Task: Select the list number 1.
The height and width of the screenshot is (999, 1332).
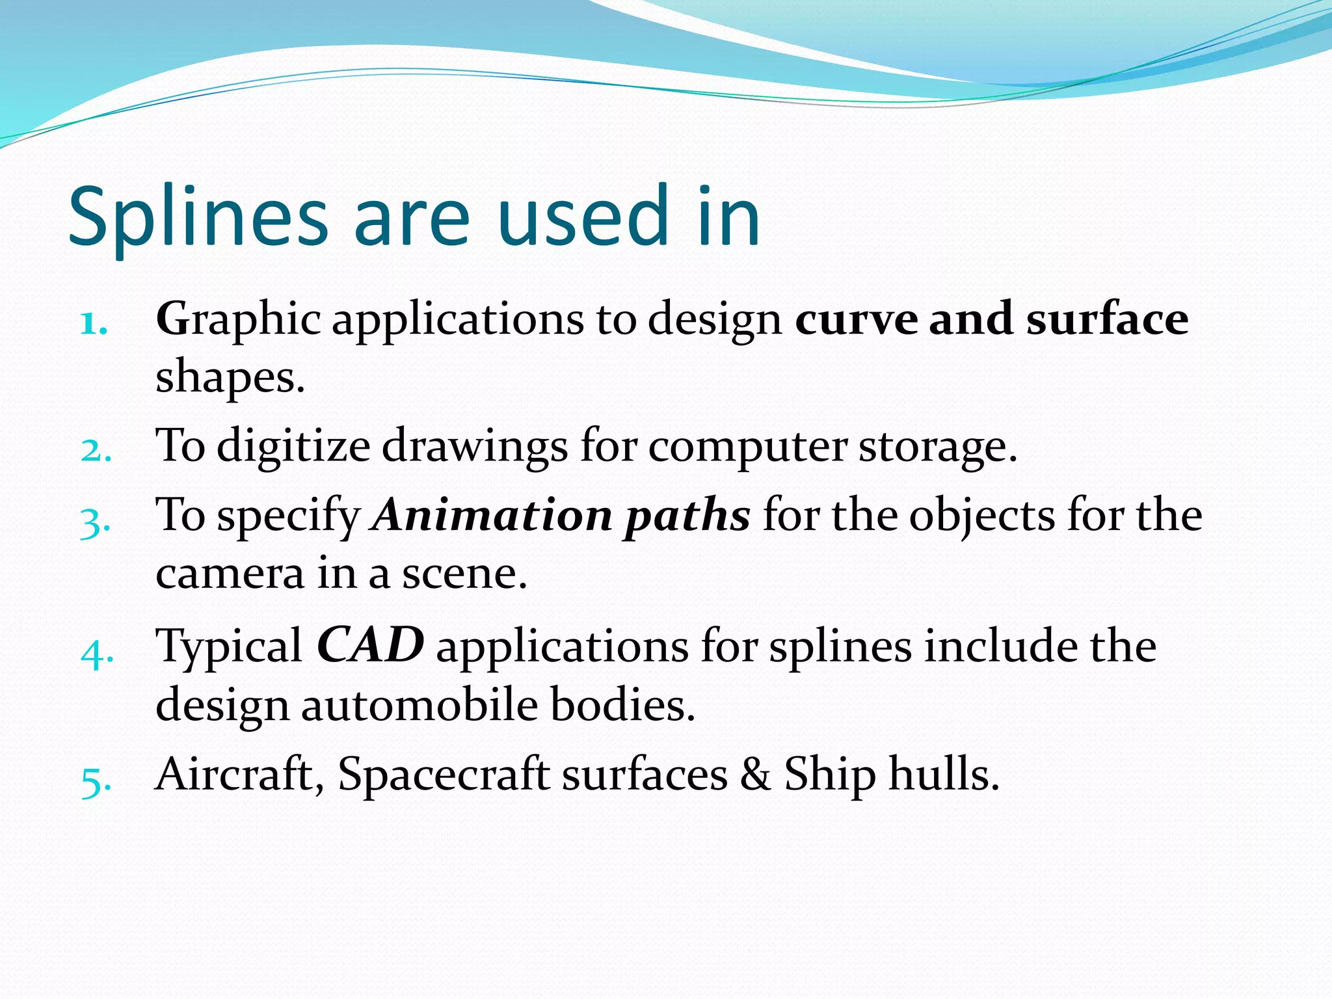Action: tap(94, 323)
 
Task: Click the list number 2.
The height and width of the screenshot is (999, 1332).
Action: tap(96, 450)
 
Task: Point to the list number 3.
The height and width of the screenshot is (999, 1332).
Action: tap(95, 521)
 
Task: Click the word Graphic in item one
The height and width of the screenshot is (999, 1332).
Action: tap(238, 321)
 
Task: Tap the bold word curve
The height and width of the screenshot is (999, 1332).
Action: tap(856, 319)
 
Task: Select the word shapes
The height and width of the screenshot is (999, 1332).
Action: tap(230, 379)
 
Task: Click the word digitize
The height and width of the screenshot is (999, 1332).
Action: tap(293, 447)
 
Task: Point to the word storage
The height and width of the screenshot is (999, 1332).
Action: tap(937, 447)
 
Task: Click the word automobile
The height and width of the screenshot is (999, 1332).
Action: tap(420, 705)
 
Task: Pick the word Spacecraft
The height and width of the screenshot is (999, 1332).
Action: tap(444, 775)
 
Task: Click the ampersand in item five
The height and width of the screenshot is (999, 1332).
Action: tap(755, 774)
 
